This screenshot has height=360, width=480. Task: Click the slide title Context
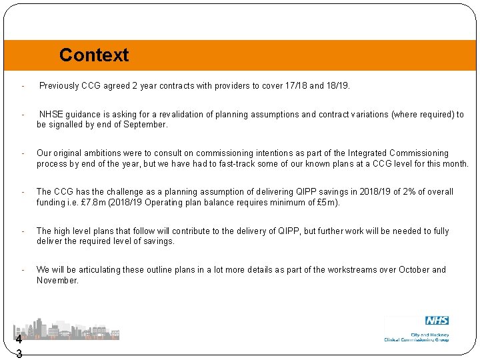[x=94, y=55]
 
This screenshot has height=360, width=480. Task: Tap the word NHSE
[x=52, y=114]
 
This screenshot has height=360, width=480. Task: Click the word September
[x=147, y=125]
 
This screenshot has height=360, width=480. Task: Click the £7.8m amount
[x=93, y=203]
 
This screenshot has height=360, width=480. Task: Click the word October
[x=415, y=270]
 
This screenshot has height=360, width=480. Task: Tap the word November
[x=57, y=281]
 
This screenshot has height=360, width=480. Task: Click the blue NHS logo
[x=437, y=321]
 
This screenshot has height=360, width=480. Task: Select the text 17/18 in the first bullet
[x=294, y=86]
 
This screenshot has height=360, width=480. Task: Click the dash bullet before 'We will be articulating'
[x=23, y=270]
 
